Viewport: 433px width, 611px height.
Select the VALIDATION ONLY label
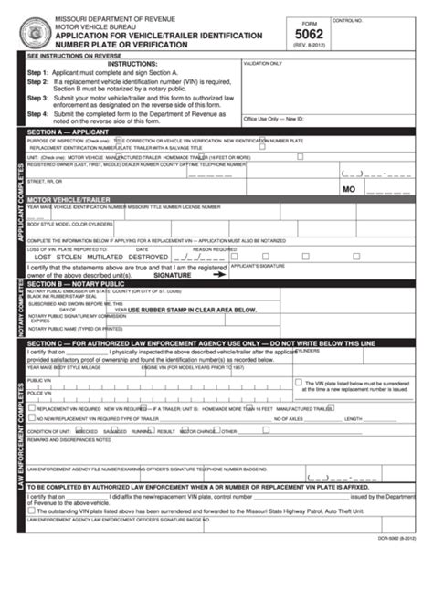coord(263,64)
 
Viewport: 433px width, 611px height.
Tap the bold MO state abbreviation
coord(348,189)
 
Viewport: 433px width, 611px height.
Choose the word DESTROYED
coord(148,257)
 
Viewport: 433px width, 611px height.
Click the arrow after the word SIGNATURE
coord(217,273)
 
